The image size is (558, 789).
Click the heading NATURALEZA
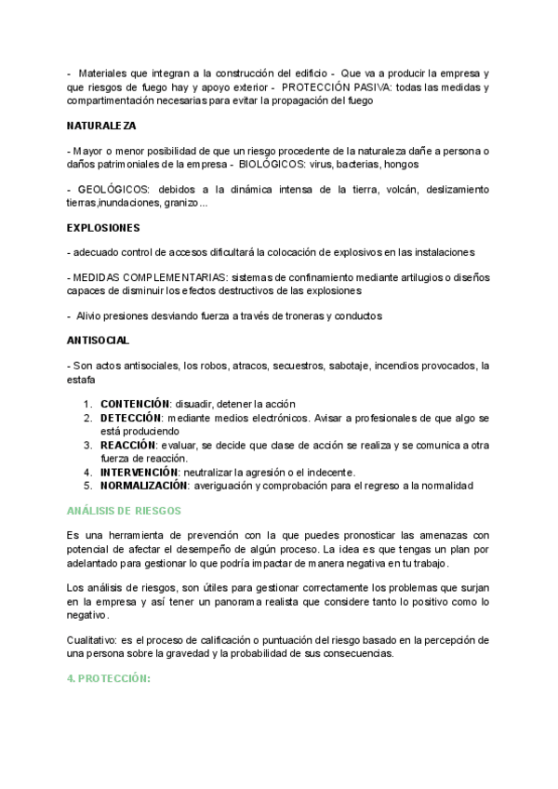coord(101,124)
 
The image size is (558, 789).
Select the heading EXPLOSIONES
coord(103,227)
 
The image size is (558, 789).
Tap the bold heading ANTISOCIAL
coord(99,341)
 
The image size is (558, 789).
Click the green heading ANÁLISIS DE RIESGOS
coord(125,511)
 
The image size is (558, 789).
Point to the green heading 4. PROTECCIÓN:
coord(109,679)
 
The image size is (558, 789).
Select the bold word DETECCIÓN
coord(132,418)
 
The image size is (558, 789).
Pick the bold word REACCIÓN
coord(127,445)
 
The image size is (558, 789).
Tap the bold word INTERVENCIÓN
coord(139,472)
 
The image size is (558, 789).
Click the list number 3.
coord(88,445)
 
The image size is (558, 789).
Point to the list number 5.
coord(88,486)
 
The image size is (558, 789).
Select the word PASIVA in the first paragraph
coord(365,87)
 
